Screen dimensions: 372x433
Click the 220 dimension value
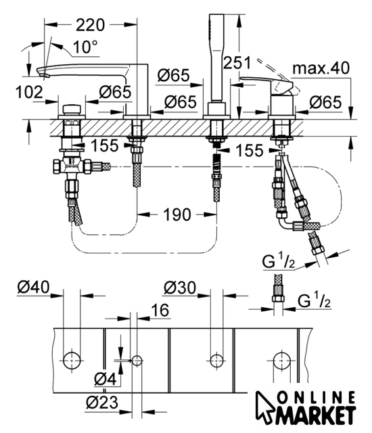tap(90, 25)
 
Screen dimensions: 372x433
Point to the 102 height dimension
tap(29, 92)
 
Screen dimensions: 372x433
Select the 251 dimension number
tap(237, 63)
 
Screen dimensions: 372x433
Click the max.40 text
tap(321, 68)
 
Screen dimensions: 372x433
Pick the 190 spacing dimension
tap(177, 214)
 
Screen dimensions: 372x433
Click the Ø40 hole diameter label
tap(33, 287)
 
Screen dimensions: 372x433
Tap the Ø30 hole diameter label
tap(180, 288)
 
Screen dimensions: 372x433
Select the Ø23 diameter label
tap(102, 403)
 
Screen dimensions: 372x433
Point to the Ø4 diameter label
tap(105, 379)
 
